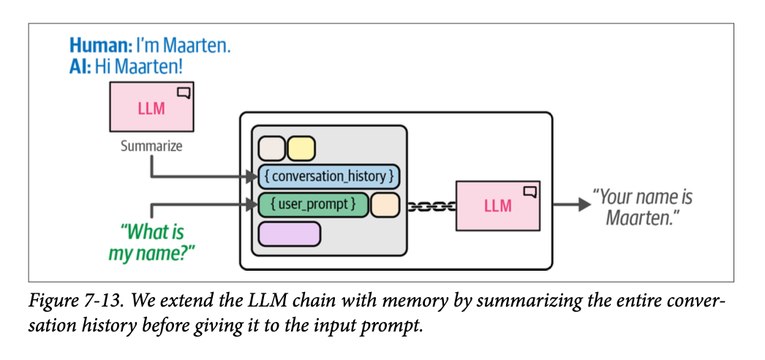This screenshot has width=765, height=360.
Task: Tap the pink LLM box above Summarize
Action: pos(151,108)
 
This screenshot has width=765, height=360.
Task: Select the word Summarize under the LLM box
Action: pos(151,146)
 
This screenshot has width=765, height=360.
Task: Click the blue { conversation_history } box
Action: pos(328,176)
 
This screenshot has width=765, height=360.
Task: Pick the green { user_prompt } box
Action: pos(313,205)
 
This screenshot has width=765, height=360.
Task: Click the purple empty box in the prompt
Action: pos(290,233)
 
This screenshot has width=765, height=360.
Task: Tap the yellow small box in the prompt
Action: pos(301,149)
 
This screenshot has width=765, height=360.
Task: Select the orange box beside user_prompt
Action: pos(385,205)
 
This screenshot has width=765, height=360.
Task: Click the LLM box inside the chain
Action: pos(498,206)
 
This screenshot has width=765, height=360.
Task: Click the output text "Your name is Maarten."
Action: pos(641,207)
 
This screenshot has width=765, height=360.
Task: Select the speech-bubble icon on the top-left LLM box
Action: pos(184,93)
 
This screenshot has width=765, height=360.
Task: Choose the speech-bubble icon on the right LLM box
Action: pos(530,192)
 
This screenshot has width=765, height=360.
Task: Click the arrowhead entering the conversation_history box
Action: pos(252,176)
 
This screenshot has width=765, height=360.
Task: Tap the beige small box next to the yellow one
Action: pos(272,149)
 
